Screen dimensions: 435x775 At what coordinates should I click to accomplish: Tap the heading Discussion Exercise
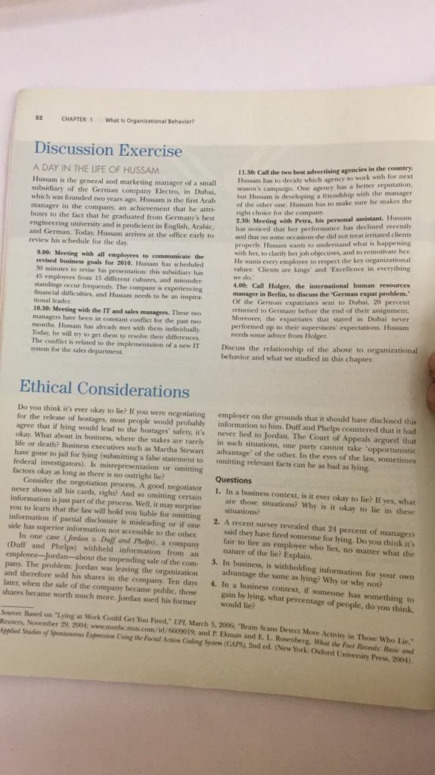click(x=108, y=149)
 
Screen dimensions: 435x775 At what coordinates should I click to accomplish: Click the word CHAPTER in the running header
click(x=73, y=120)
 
